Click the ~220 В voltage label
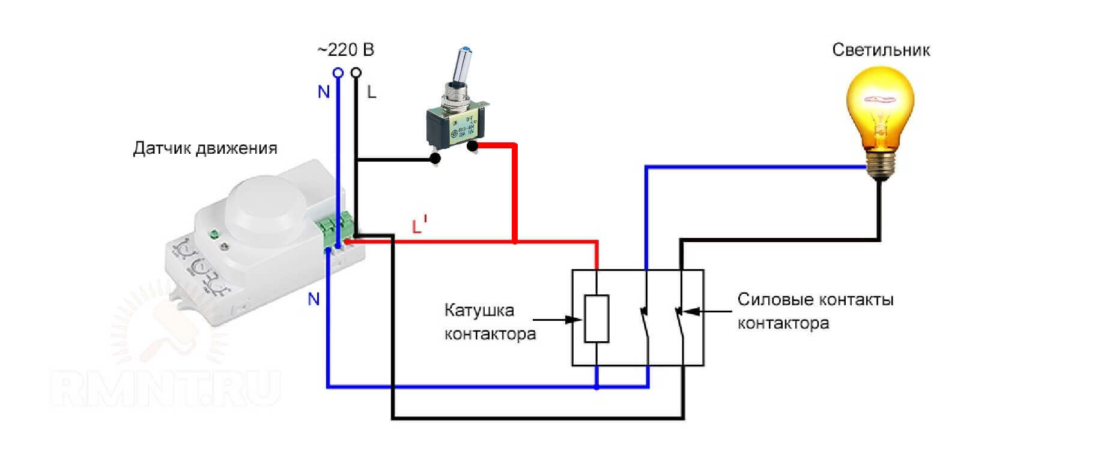[x=346, y=49]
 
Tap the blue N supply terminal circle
[x=338, y=73]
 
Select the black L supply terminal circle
[x=356, y=73]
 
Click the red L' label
[x=419, y=226]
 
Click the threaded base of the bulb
[x=880, y=163]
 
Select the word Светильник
[x=881, y=50]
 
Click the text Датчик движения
[x=205, y=148]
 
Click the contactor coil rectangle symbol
[x=596, y=318]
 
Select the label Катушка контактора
[x=490, y=322]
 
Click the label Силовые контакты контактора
[x=815, y=311]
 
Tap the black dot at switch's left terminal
[x=435, y=159]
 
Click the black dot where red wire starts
[x=473, y=145]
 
